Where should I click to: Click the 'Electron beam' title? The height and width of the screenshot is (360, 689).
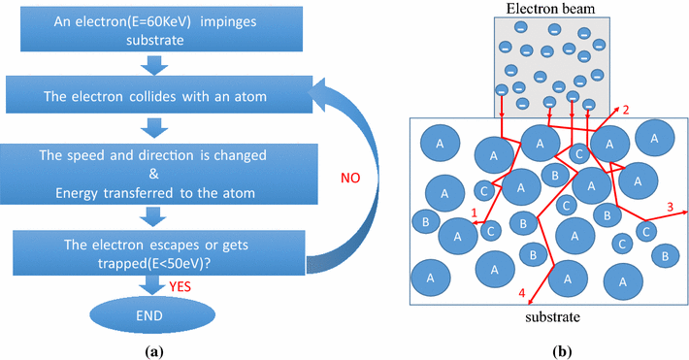[550, 9]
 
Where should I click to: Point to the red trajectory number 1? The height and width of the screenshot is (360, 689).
[473, 213]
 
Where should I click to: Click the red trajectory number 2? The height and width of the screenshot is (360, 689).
[626, 110]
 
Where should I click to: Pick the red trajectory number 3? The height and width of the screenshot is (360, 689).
[670, 205]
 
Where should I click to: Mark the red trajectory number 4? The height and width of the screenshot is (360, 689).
[521, 292]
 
